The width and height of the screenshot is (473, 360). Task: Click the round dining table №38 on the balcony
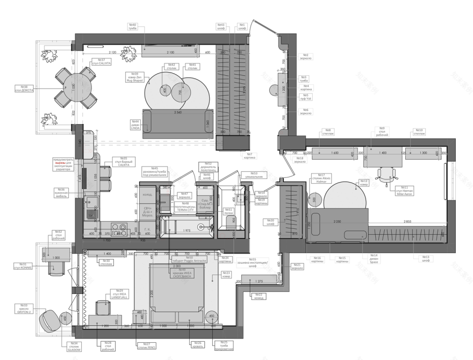(73, 87)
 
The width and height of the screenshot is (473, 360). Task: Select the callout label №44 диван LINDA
(135, 125)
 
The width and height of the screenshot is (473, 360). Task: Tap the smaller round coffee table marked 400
(165, 90)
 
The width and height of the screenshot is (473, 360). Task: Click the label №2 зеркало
(305, 56)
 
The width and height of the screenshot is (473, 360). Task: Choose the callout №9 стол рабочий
(382, 131)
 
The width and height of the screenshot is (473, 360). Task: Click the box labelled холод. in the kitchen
(147, 195)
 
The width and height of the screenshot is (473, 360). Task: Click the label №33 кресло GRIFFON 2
(24, 308)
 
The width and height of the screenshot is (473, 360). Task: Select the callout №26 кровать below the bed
(197, 344)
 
